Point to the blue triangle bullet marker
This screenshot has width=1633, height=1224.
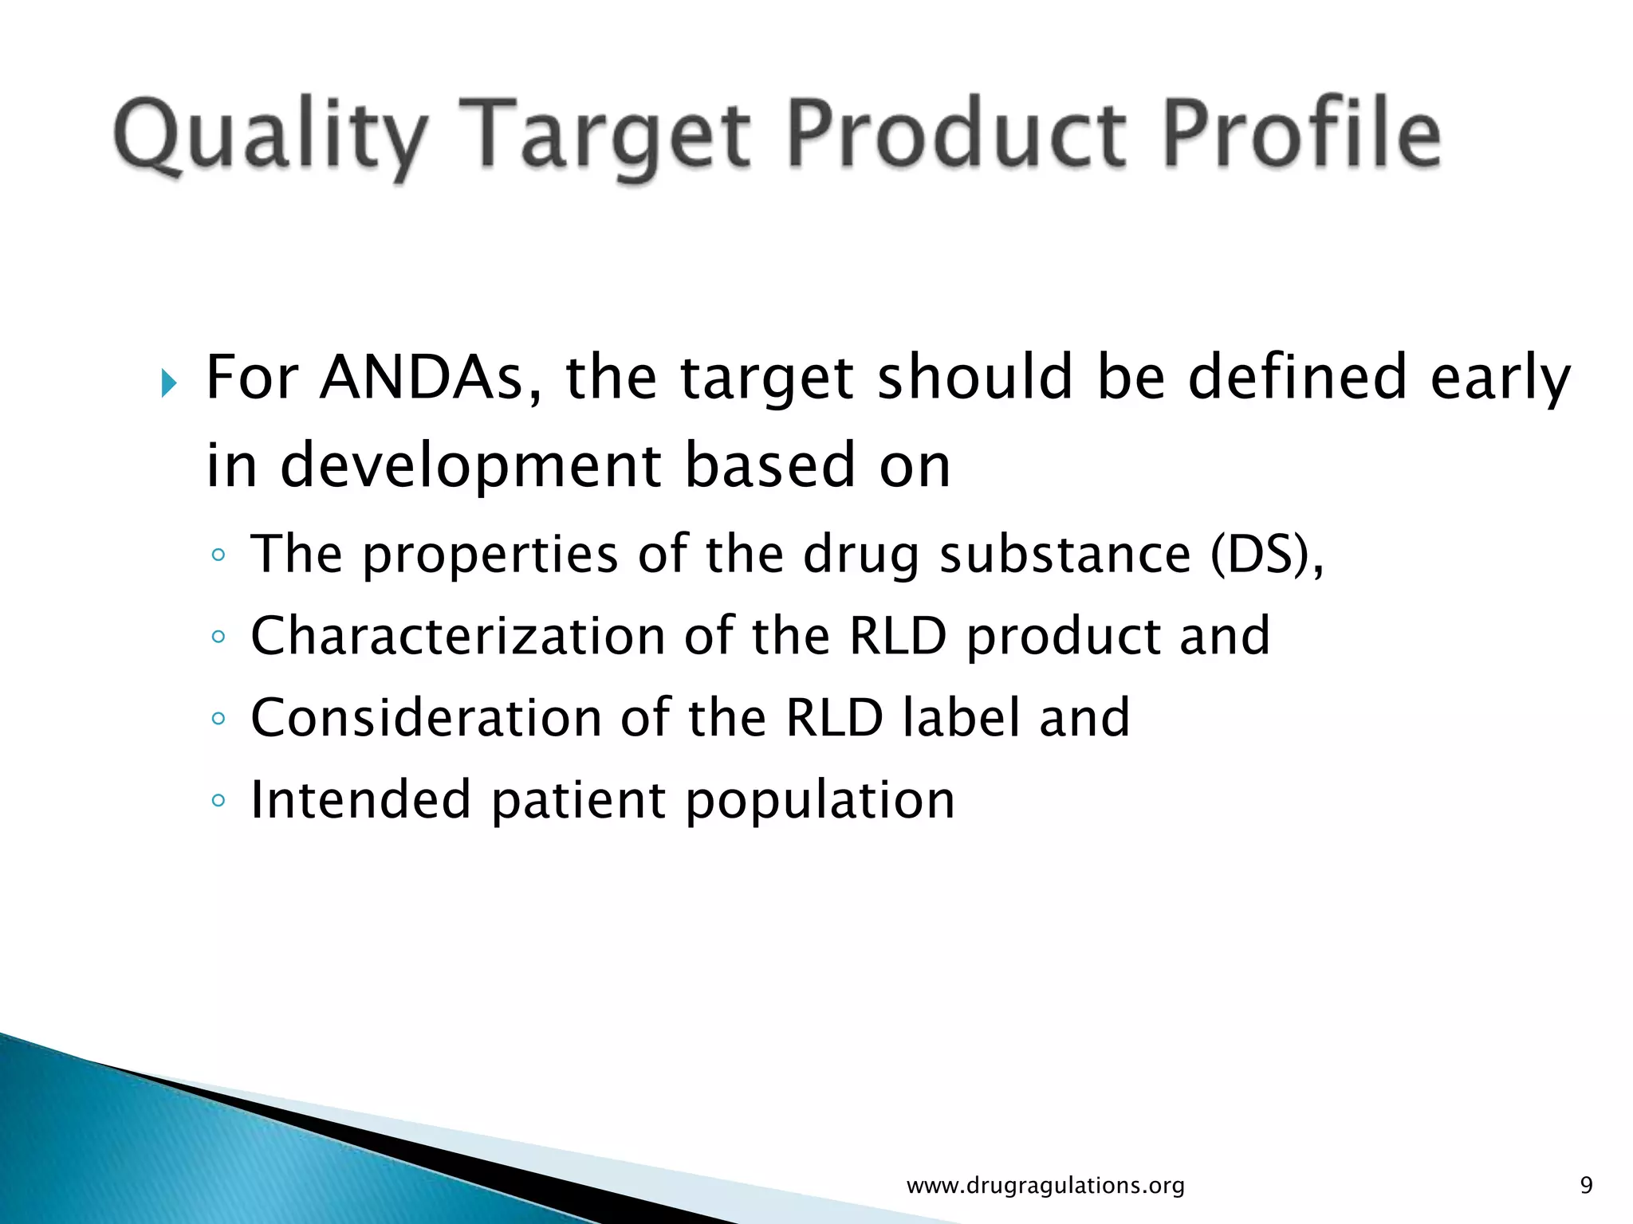coord(167,383)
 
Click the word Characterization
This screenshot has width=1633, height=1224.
coord(457,636)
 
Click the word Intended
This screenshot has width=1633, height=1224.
coord(360,799)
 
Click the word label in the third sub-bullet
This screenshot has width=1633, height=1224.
coord(962,717)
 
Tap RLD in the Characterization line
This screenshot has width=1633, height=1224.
coord(898,636)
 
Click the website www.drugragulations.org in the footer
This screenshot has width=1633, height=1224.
coord(1045,1186)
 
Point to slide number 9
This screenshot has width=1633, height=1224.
coord(1586,1186)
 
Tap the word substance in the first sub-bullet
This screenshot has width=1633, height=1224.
coord(1064,554)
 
